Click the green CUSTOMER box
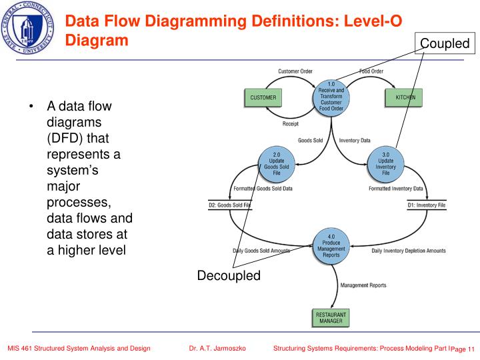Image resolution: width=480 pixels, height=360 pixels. [263, 98]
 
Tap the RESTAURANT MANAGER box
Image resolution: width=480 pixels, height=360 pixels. [331, 318]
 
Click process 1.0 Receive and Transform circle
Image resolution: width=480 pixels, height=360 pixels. [331, 97]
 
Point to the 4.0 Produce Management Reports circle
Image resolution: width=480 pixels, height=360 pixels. [331, 245]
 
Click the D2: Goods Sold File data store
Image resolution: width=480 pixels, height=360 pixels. [230, 205]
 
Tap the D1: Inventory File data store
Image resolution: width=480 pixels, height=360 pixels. [426, 205]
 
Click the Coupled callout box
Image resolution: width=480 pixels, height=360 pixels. [445, 45]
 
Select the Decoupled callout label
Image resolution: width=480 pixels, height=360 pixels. [229, 276]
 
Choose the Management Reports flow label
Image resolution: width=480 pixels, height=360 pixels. [363, 285]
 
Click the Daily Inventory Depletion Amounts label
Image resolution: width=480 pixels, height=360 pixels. [409, 251]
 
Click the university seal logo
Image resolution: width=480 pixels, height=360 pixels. [29, 28]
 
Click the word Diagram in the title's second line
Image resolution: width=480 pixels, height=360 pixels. [97, 40]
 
